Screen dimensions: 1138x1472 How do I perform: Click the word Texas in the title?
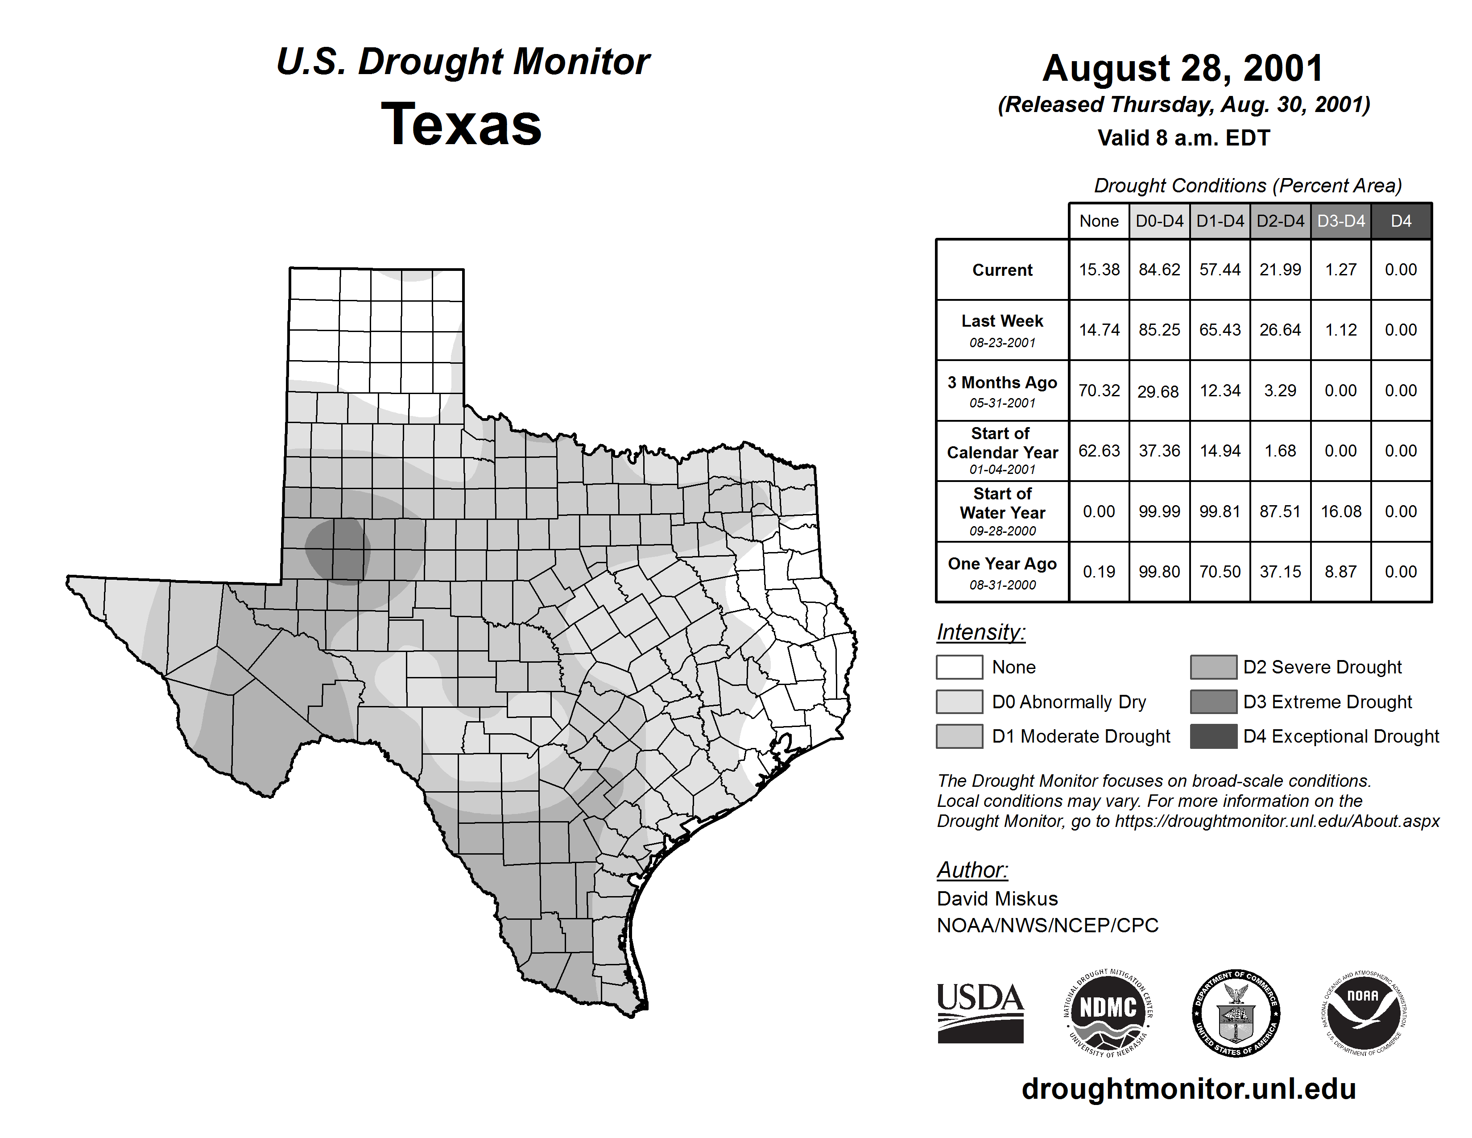pyautogui.click(x=461, y=125)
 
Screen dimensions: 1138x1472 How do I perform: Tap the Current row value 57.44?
pyautogui.click(x=1220, y=270)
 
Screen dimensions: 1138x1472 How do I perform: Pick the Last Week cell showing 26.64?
pyautogui.click(x=1280, y=330)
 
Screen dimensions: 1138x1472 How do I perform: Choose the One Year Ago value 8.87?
pyautogui.click(x=1340, y=572)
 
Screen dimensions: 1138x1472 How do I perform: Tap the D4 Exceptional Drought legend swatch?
pyautogui.click(x=1213, y=736)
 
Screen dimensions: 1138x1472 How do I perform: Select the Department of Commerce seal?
pyautogui.click(x=1236, y=1013)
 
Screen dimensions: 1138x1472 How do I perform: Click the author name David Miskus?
pyautogui.click(x=997, y=899)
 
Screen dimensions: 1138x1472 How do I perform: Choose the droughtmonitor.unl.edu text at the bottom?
pyautogui.click(x=1188, y=1089)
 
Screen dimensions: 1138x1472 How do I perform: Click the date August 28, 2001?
pyautogui.click(x=1183, y=69)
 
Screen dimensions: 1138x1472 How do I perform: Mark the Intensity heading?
pyautogui.click(x=980, y=632)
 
